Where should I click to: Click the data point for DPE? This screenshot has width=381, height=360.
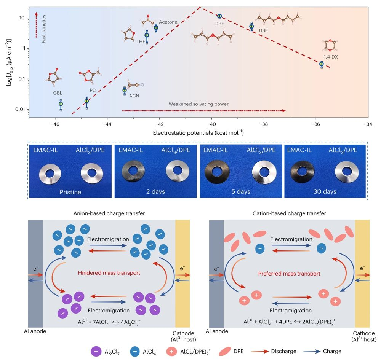[219, 16]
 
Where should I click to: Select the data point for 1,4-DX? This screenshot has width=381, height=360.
[322, 64]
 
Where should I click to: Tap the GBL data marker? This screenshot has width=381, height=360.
[61, 104]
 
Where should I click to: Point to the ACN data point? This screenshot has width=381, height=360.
[125, 90]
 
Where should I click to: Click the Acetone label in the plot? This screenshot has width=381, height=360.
[168, 22]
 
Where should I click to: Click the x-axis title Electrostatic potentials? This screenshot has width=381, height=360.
[198, 133]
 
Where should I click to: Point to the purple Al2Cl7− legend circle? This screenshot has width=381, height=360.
[96, 351]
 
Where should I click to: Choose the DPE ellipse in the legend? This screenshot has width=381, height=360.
[227, 351]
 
